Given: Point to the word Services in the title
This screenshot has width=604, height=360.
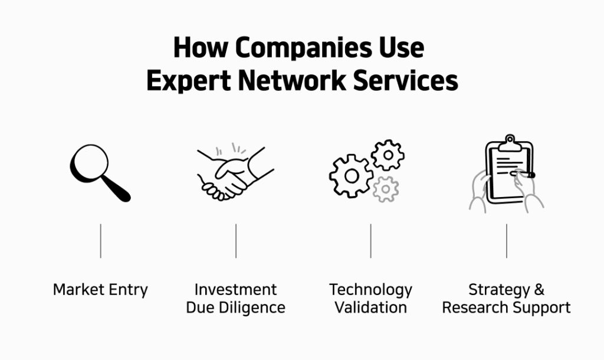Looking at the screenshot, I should [x=405, y=80].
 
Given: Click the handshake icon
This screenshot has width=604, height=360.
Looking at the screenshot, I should [x=234, y=172].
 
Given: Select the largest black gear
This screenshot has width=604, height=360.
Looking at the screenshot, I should [x=350, y=175].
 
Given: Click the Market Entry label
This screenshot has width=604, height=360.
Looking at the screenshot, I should [x=100, y=290].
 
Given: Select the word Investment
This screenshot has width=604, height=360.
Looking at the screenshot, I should [x=235, y=290].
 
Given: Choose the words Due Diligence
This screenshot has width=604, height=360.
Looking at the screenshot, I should [x=235, y=307].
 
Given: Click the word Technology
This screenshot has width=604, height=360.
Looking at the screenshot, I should [x=370, y=290].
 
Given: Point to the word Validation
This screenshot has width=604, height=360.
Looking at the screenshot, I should [x=370, y=307].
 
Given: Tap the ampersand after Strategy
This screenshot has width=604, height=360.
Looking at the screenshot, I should [x=538, y=290].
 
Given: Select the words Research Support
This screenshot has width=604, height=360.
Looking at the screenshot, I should [x=506, y=307].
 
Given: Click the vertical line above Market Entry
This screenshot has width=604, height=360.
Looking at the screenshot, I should [x=100, y=240].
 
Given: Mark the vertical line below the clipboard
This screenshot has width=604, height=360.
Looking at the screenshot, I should [x=506, y=240].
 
